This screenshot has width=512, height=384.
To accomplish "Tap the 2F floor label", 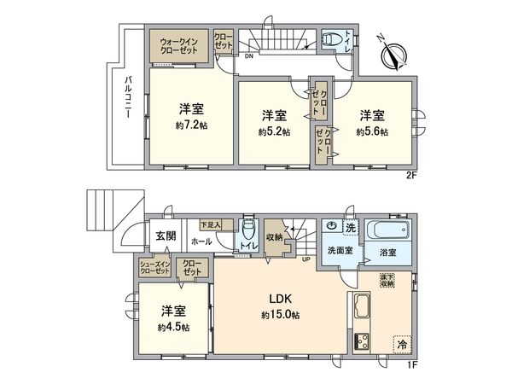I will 410,175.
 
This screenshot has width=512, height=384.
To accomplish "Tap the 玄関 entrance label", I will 166,236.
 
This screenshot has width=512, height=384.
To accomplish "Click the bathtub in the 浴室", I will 389,231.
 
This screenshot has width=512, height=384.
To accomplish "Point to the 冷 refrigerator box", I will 400,345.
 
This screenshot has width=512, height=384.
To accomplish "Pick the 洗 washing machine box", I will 350,228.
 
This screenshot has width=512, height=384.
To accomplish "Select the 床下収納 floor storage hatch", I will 387,282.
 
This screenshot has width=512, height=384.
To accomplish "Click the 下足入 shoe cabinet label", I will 210,224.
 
